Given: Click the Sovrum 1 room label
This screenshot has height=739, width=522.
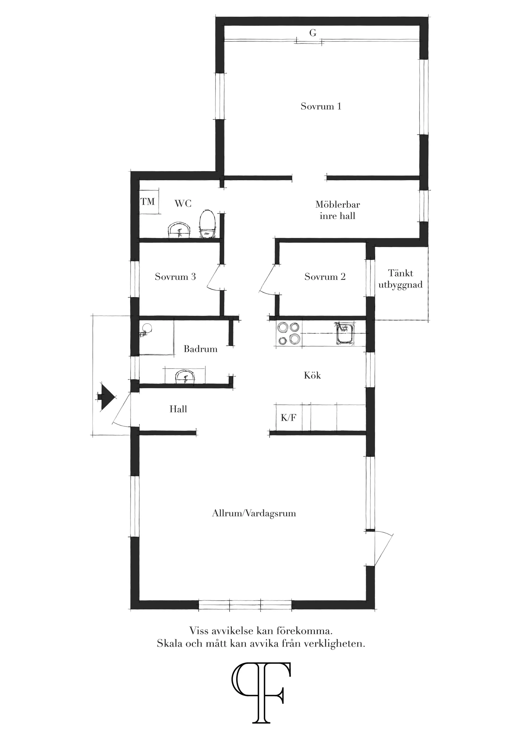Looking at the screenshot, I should [321, 106].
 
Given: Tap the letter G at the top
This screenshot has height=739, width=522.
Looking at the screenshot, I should [313, 33].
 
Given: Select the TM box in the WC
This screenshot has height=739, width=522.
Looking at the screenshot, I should [148, 202].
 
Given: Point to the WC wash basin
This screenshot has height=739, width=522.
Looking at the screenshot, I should [179, 230].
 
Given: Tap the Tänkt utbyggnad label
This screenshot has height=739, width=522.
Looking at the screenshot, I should [400, 279].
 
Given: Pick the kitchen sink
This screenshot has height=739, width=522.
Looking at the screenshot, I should [345, 334].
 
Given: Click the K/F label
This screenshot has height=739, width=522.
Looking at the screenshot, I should [288, 418].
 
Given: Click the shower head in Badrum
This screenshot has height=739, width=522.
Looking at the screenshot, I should [147, 328].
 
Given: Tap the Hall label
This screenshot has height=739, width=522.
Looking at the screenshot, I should [178, 409].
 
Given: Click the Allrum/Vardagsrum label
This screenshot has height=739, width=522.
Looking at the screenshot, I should [254, 513].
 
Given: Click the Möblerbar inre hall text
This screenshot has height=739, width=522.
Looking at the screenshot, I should [337, 210].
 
